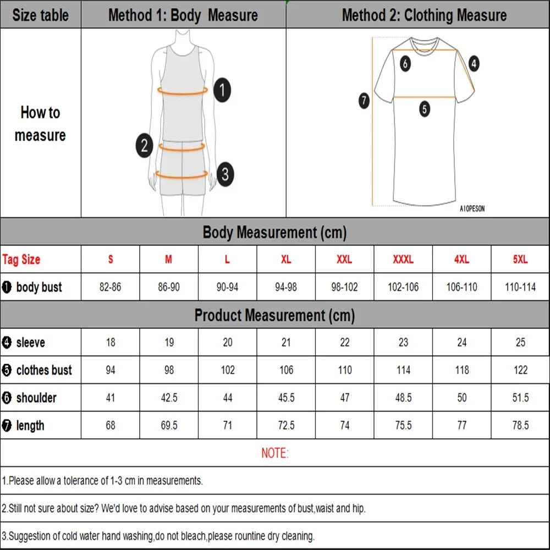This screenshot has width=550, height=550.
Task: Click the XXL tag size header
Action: pyautogui.click(x=344, y=260)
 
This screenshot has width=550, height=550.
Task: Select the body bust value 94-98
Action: pyautogui.click(x=286, y=287)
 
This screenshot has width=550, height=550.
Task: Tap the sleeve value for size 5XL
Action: pyautogui.click(x=520, y=343)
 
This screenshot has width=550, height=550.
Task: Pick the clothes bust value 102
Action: pyautogui.click(x=227, y=370)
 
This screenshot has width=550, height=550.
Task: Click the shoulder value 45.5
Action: pyautogui.click(x=286, y=398)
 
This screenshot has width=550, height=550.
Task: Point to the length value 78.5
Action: pyautogui.click(x=520, y=425)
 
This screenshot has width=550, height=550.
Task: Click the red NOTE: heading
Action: pyautogui.click(x=274, y=453)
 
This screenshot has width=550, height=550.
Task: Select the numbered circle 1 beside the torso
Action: pyautogui.click(x=222, y=90)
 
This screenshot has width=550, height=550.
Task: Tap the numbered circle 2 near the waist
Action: pyautogui.click(x=144, y=146)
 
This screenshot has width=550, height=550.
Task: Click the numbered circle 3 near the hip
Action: pyautogui.click(x=224, y=175)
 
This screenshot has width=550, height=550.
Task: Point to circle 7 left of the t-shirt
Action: pyautogui.click(x=364, y=101)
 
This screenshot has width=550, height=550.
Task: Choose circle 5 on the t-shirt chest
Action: pyautogui.click(x=425, y=109)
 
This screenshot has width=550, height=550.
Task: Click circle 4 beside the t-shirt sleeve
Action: pyautogui.click(x=474, y=63)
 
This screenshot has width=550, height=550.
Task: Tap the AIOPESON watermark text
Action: pyautogui.click(x=472, y=209)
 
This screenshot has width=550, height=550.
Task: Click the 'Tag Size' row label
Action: pyautogui.click(x=21, y=260)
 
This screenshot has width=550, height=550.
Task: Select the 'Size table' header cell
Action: pyautogui.click(x=40, y=15)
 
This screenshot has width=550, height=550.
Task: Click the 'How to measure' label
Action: pyautogui.click(x=40, y=124)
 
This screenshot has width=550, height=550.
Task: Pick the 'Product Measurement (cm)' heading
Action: pyautogui.click(x=274, y=315)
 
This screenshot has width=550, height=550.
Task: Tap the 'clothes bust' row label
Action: pyautogui.click(x=43, y=370)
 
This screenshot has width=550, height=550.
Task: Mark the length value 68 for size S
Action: pyautogui.click(x=111, y=425)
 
